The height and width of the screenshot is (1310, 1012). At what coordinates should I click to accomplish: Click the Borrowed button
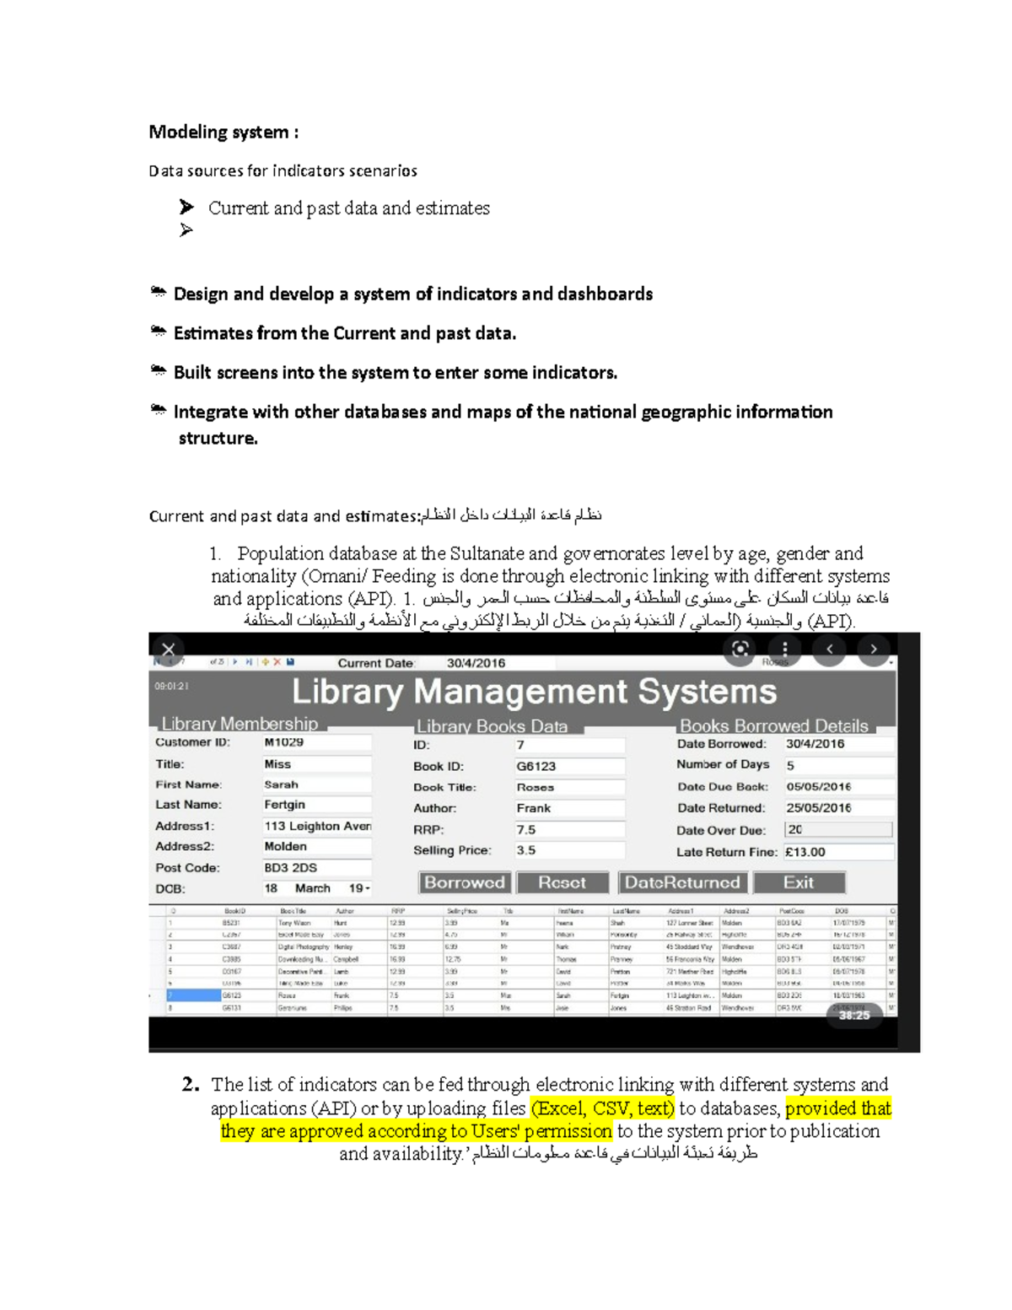465,882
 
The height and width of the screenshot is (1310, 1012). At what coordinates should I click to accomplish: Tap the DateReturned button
682,882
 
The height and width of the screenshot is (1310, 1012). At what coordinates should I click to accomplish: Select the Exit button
799,882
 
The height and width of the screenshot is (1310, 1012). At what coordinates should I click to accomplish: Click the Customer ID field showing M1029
316,742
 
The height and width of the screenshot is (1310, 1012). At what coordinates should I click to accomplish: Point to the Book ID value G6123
569,766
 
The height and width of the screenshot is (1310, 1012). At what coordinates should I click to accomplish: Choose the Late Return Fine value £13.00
837,852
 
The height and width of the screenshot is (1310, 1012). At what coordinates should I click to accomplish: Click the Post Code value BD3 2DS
316,867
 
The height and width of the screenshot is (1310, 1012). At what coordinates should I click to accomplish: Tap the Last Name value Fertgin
316,805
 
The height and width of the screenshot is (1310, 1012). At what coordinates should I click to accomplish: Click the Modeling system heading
223,132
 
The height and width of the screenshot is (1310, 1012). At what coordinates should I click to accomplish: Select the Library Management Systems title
534,692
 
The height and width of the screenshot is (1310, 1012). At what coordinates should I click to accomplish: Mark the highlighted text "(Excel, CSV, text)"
602,1108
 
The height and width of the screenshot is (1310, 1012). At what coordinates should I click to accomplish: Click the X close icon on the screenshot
169,650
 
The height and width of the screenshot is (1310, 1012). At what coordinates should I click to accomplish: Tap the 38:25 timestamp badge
854,1016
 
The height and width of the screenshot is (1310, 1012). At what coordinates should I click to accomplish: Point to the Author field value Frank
569,808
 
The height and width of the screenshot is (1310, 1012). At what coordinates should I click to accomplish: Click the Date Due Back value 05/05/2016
837,786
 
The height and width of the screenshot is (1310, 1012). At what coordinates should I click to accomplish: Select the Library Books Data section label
492,726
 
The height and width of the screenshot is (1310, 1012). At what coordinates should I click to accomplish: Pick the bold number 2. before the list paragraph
191,1084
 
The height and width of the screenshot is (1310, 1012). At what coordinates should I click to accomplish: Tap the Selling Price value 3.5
569,850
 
